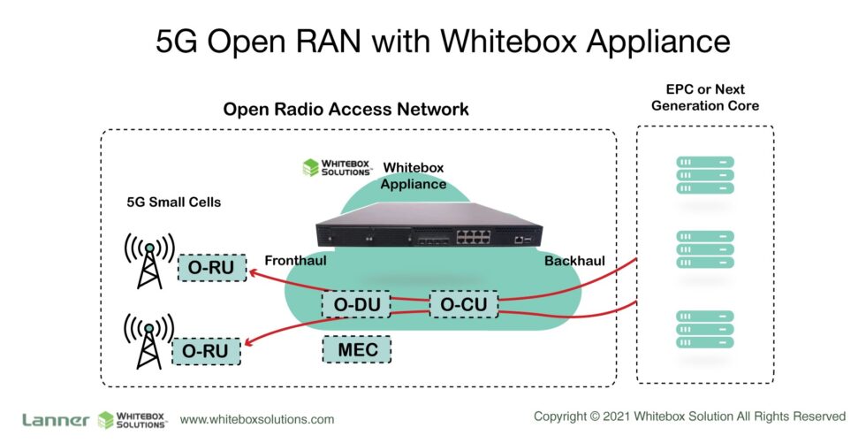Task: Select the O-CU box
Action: pyautogui.click(x=464, y=305)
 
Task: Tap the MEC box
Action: pyautogui.click(x=357, y=350)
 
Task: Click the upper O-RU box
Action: pyautogui.click(x=212, y=268)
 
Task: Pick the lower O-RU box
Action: pyautogui.click(x=206, y=351)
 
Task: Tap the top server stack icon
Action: pyautogui.click(x=705, y=175)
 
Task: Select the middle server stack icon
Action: pyautogui.click(x=705, y=250)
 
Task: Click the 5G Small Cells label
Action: pyautogui.click(x=173, y=202)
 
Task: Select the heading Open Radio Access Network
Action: pyautogui.click(x=346, y=110)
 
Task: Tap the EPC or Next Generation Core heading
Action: pyautogui.click(x=704, y=97)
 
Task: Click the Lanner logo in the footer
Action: pyautogui.click(x=55, y=420)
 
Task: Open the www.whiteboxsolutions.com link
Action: pyautogui.click(x=257, y=419)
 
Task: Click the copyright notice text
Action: pyautogui.click(x=690, y=416)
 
